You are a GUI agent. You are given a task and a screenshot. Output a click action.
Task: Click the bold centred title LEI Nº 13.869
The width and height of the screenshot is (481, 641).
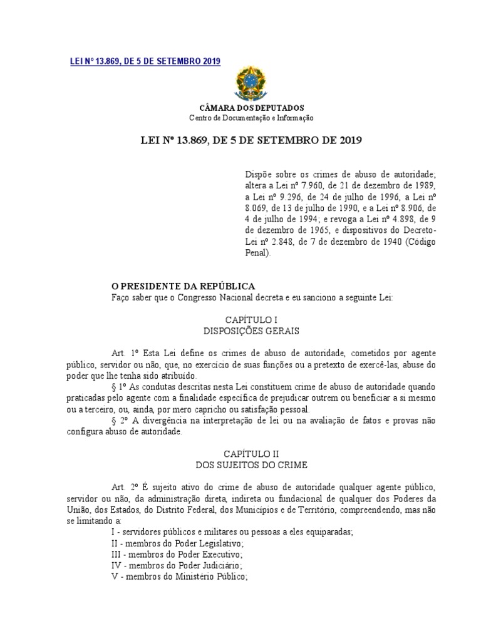[252, 143]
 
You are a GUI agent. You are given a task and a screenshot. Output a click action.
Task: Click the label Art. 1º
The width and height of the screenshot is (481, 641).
[121, 353]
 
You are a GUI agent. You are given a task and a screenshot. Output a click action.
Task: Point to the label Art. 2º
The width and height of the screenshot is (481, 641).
[121, 487]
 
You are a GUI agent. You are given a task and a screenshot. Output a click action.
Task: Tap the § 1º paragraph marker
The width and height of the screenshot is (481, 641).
[117, 388]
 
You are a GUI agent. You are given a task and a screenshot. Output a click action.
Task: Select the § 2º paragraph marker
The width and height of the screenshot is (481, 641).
[117, 422]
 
